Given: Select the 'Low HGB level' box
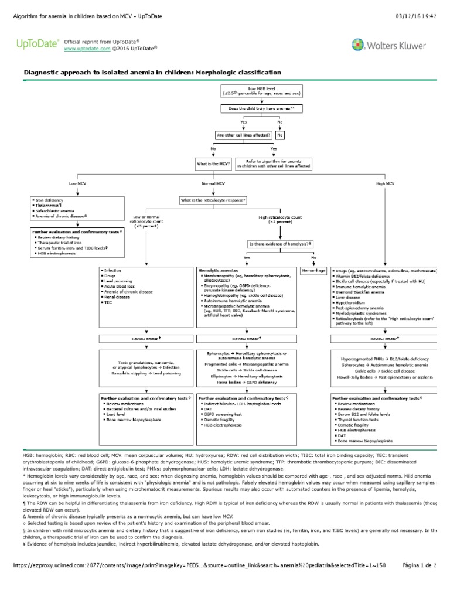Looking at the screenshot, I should tap(253, 91).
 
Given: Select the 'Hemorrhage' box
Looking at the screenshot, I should tap(313, 271).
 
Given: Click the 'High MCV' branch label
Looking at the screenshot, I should tap(384, 183).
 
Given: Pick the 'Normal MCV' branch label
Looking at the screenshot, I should tap(213, 183).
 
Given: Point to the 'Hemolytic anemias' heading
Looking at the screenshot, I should tap(217, 271).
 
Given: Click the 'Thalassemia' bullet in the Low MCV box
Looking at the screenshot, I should tap(50, 206).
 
